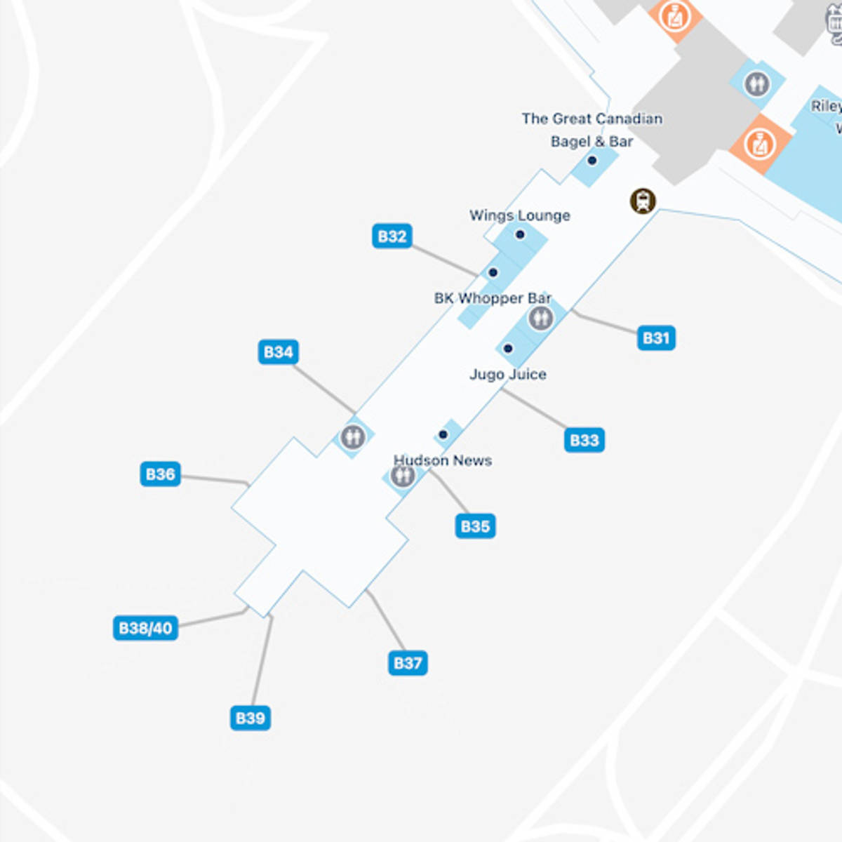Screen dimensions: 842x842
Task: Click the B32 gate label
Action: click(x=392, y=236)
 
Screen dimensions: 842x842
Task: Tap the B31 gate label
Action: click(x=656, y=338)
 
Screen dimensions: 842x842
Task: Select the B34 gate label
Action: click(x=279, y=352)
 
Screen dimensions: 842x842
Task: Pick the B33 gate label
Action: click(x=584, y=441)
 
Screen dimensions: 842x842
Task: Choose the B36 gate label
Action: click(x=160, y=474)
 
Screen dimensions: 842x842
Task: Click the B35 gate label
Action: click(x=475, y=526)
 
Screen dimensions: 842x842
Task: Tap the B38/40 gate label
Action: click(x=145, y=628)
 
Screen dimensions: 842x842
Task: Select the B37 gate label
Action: click(x=408, y=663)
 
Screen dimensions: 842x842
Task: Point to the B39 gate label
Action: click(x=250, y=719)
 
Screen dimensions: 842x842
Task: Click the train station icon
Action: click(x=643, y=201)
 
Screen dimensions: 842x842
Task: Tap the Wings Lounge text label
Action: click(x=519, y=215)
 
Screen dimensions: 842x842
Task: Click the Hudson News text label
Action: click(x=443, y=460)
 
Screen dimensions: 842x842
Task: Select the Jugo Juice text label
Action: click(x=508, y=375)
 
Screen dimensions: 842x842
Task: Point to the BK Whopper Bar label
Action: click(x=493, y=298)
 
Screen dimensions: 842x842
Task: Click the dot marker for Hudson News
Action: click(x=443, y=435)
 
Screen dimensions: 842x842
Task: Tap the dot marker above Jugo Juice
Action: click(x=508, y=348)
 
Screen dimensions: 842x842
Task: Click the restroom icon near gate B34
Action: click(x=352, y=437)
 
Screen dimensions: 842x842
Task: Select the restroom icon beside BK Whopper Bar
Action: click(x=540, y=319)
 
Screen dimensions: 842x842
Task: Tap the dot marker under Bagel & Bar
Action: click(x=592, y=161)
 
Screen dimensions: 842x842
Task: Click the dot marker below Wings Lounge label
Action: click(x=520, y=234)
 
